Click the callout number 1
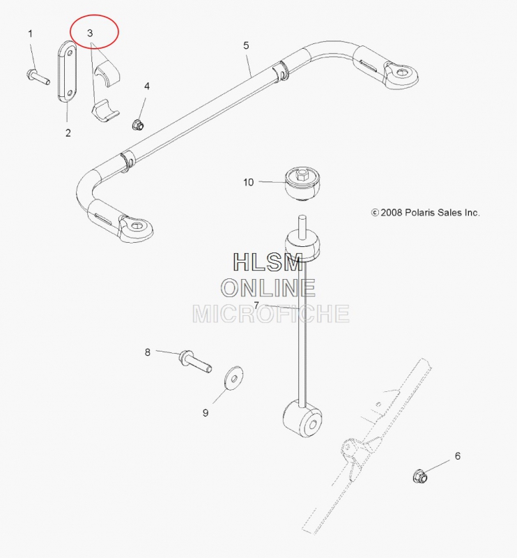(x=30, y=33)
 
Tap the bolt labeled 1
(x=38, y=77)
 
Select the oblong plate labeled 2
(x=67, y=73)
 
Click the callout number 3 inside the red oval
(x=90, y=33)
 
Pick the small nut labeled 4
(x=137, y=125)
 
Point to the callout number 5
(x=247, y=45)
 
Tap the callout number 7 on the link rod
(x=256, y=305)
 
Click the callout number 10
(x=249, y=183)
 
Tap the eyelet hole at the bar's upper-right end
(x=402, y=72)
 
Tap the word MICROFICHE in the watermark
(x=270, y=314)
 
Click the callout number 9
(x=206, y=413)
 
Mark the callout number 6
(x=458, y=456)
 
